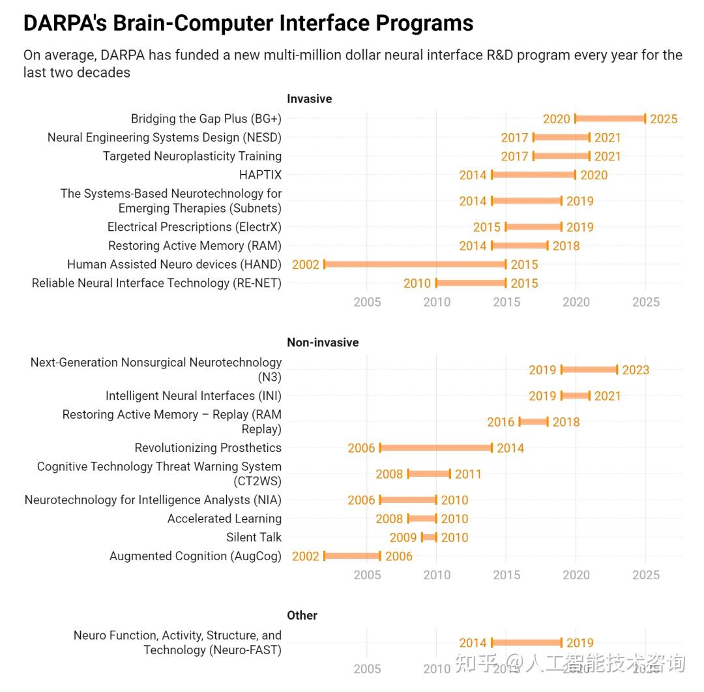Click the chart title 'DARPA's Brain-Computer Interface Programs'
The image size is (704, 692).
248,23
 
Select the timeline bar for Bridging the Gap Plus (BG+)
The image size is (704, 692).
610,119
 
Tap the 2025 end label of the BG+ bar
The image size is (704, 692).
664,119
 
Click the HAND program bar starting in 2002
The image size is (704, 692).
415,264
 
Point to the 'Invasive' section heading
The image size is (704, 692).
310,99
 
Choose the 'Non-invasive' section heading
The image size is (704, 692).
323,342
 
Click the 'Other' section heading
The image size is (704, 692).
302,615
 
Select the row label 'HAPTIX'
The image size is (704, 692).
260,175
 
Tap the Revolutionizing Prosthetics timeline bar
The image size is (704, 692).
435,447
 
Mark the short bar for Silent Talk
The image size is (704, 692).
429,537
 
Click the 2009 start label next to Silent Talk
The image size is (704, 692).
403,538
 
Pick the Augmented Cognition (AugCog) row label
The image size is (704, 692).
196,556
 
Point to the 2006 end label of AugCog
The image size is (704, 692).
399,556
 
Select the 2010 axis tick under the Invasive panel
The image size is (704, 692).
437,302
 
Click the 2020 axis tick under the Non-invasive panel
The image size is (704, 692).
576,575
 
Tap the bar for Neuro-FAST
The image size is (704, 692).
526,642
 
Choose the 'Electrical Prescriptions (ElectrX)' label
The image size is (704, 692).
194,227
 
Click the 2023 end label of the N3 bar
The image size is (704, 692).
636,370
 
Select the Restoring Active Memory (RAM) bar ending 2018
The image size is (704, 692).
520,245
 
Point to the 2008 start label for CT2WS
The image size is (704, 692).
389,474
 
